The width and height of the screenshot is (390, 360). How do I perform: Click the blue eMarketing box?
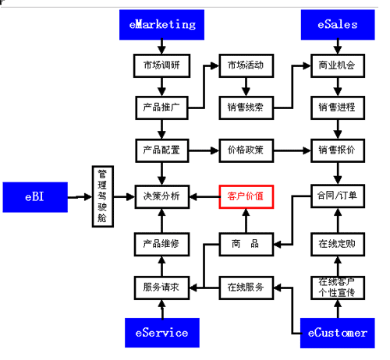coord(161,25)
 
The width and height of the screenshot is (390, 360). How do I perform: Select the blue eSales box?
coord(338,25)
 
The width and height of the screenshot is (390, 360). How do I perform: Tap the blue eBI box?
coord(35,197)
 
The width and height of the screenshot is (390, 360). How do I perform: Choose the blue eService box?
coord(162,333)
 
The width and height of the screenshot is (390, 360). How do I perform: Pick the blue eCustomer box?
coord(338,333)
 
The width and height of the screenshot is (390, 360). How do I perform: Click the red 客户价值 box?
coord(246,196)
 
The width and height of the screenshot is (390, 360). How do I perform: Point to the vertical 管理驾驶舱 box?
coord(103,196)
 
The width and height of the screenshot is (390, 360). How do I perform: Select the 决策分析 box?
coord(162,196)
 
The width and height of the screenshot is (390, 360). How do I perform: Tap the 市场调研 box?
coord(161,65)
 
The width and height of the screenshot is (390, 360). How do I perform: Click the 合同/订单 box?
coord(338,196)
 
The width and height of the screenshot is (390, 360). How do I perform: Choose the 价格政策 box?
coord(246,150)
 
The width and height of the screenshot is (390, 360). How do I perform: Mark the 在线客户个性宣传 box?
coord(338,288)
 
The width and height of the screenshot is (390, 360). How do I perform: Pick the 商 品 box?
coord(246,245)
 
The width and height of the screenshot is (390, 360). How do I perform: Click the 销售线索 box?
coord(246,108)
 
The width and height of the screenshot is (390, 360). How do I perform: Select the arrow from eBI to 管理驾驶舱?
coord(80,197)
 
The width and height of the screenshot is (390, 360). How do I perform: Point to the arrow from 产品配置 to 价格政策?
coord(204,150)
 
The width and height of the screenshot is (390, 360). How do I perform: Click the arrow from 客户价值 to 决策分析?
coord(204,196)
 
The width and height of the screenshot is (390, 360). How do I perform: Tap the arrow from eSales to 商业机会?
coord(338,47)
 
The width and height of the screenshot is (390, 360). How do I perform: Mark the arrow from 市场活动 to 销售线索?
coord(246,86)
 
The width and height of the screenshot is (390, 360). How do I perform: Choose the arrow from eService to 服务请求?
coord(162,309)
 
